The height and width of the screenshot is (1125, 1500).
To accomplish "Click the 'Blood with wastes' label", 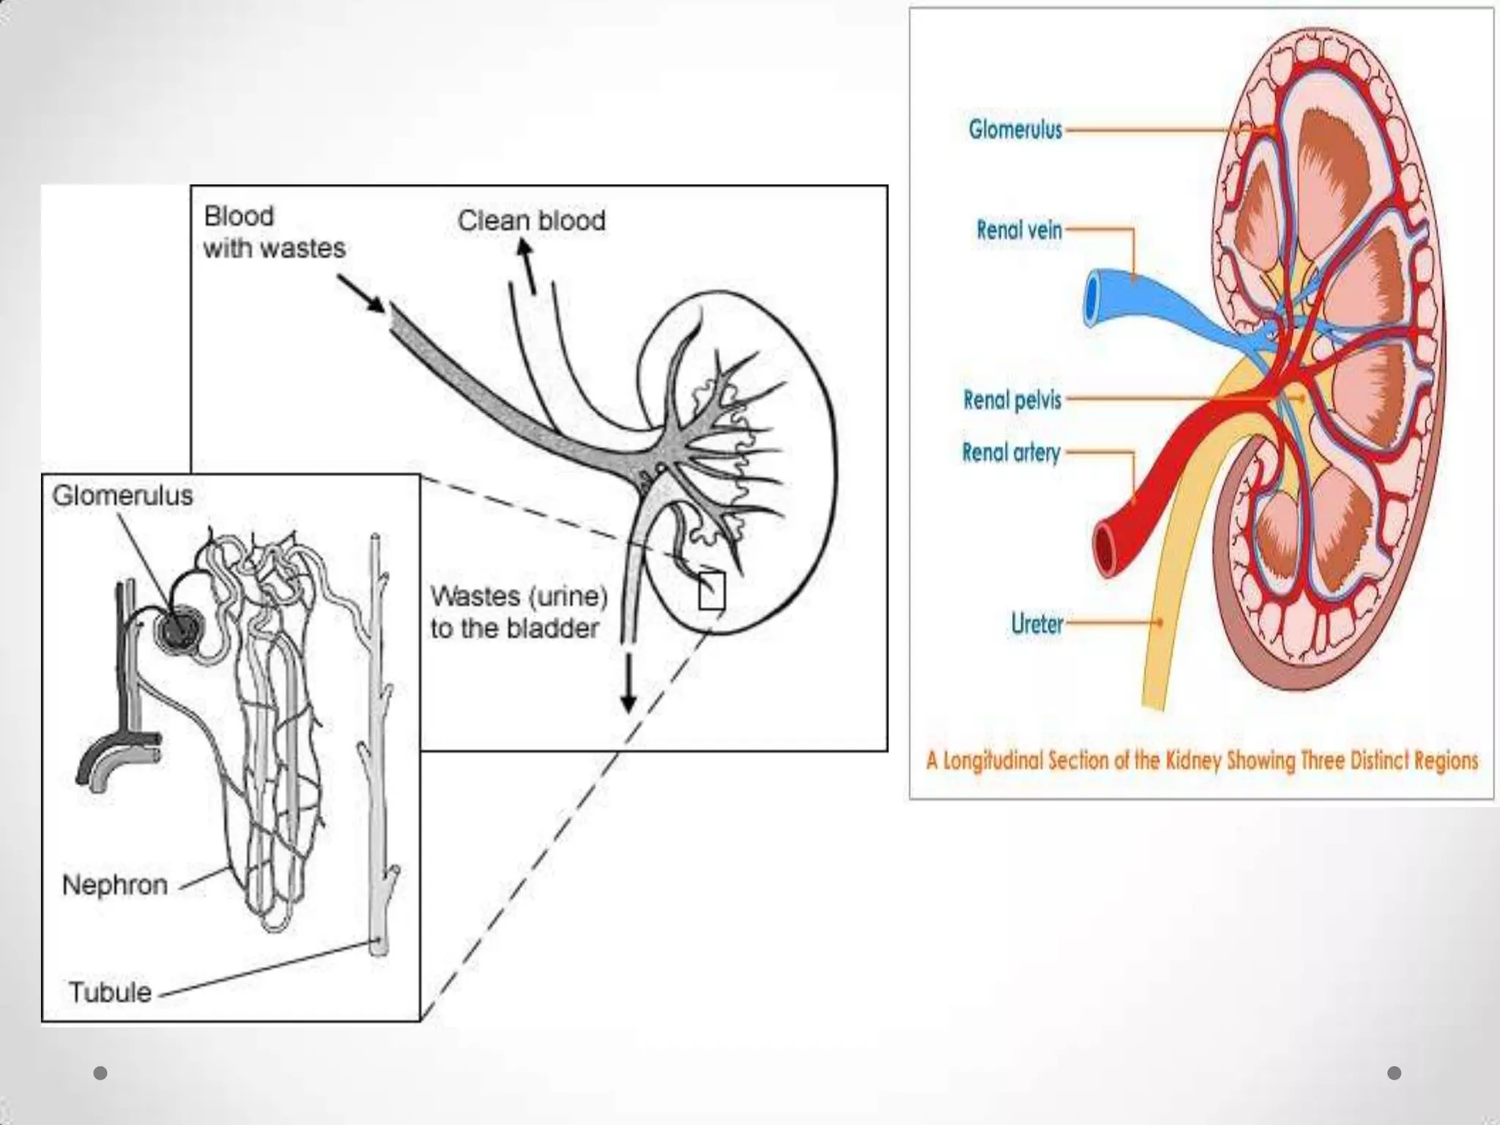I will click(x=274, y=232).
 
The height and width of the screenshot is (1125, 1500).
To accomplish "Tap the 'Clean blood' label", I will click(x=532, y=220).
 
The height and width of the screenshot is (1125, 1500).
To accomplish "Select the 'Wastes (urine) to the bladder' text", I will click(x=519, y=612).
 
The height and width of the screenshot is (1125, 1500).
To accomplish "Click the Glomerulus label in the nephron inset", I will click(x=122, y=496).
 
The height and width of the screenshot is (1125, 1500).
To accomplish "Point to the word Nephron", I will click(x=115, y=885).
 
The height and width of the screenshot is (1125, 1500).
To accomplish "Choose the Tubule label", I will click(x=110, y=992).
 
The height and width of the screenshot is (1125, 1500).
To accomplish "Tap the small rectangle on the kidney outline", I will click(x=711, y=590).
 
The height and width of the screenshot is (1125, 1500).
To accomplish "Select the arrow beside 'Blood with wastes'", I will click(x=362, y=294).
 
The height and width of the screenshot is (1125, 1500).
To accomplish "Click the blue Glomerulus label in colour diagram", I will click(x=1015, y=130).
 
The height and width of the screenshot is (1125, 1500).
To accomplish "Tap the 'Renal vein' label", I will click(x=1019, y=230).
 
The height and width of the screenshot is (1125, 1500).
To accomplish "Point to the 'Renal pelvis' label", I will click(x=1012, y=400).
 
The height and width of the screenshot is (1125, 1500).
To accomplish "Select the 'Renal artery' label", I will click(x=1011, y=453).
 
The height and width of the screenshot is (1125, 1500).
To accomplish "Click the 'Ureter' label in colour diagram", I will click(x=1036, y=624).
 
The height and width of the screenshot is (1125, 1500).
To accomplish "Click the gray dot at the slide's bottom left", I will click(x=101, y=1073).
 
